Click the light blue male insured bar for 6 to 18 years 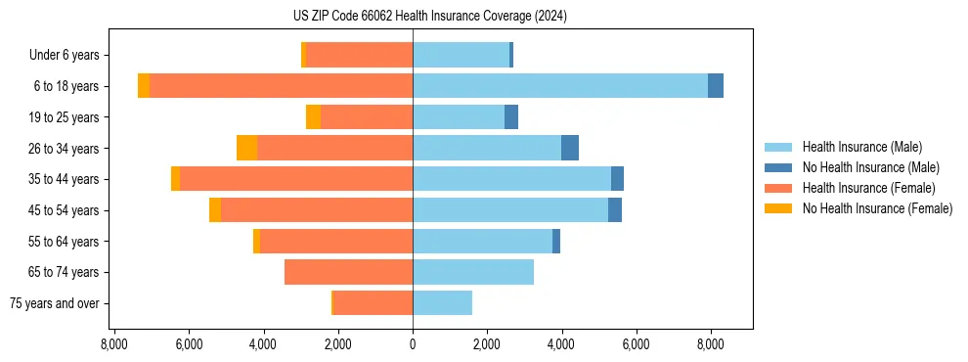[560, 86]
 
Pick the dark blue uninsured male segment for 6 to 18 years [716, 86]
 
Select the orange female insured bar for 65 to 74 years [348, 272]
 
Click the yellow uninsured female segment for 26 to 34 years [246, 148]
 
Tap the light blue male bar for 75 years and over [442, 303]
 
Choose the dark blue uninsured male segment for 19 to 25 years [511, 117]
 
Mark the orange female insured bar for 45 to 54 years [317, 210]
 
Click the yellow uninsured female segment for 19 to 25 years [313, 117]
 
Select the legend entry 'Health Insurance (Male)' [861, 147]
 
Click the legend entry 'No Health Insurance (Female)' [877, 208]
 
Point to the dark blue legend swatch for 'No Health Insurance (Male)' [778, 167]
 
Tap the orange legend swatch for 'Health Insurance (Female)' [778, 188]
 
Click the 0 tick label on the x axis [413, 344]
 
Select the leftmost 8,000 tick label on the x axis [114, 344]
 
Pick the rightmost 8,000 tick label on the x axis [711, 344]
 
